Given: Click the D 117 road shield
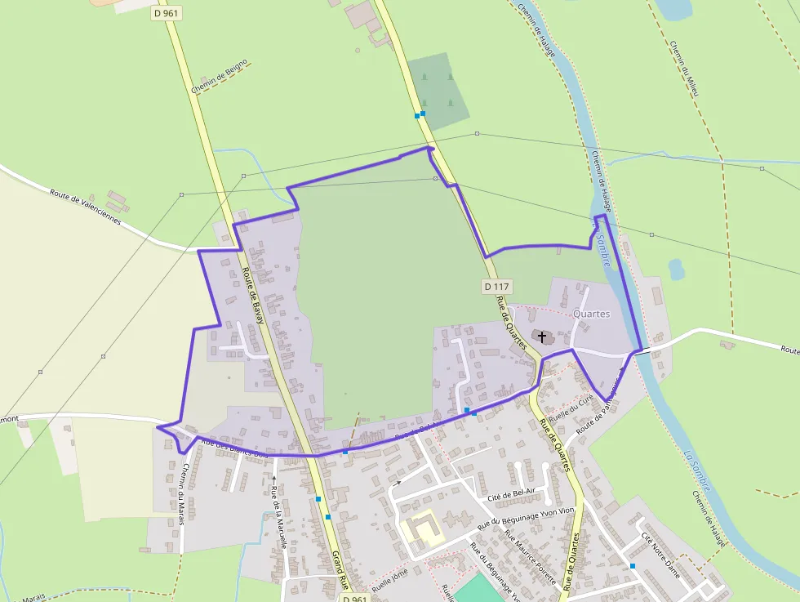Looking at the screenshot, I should (x=496, y=286).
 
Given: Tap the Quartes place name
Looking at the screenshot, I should (x=592, y=314).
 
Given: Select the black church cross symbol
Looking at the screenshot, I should (x=543, y=337).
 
